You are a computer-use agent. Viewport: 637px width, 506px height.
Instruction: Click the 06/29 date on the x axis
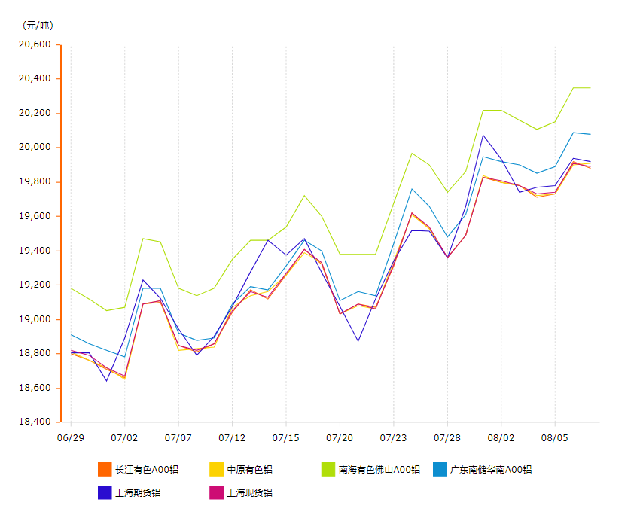point(71,437)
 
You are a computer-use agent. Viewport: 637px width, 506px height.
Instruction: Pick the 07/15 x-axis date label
point(286,437)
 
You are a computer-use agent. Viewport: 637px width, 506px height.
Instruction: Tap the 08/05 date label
point(555,437)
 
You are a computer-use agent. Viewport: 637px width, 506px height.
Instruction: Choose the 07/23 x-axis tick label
point(394,437)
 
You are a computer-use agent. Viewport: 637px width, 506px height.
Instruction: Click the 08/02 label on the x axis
point(501,437)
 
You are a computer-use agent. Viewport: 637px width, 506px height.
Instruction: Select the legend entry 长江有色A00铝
point(147,470)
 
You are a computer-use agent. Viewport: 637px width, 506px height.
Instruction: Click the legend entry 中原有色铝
point(249,470)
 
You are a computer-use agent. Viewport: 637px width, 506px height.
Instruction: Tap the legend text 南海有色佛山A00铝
point(379,470)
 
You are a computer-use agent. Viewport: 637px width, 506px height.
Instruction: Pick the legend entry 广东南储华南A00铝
point(490,470)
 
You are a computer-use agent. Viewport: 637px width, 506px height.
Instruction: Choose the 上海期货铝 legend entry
point(138,493)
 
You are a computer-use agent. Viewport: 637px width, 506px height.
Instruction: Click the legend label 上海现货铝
point(249,493)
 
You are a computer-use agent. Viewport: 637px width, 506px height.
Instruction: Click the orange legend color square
point(105,469)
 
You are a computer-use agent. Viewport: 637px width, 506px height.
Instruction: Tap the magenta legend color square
point(216,492)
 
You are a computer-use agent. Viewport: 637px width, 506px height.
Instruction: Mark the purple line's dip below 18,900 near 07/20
point(358,341)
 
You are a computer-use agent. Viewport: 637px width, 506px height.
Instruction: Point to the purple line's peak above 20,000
point(483,135)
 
